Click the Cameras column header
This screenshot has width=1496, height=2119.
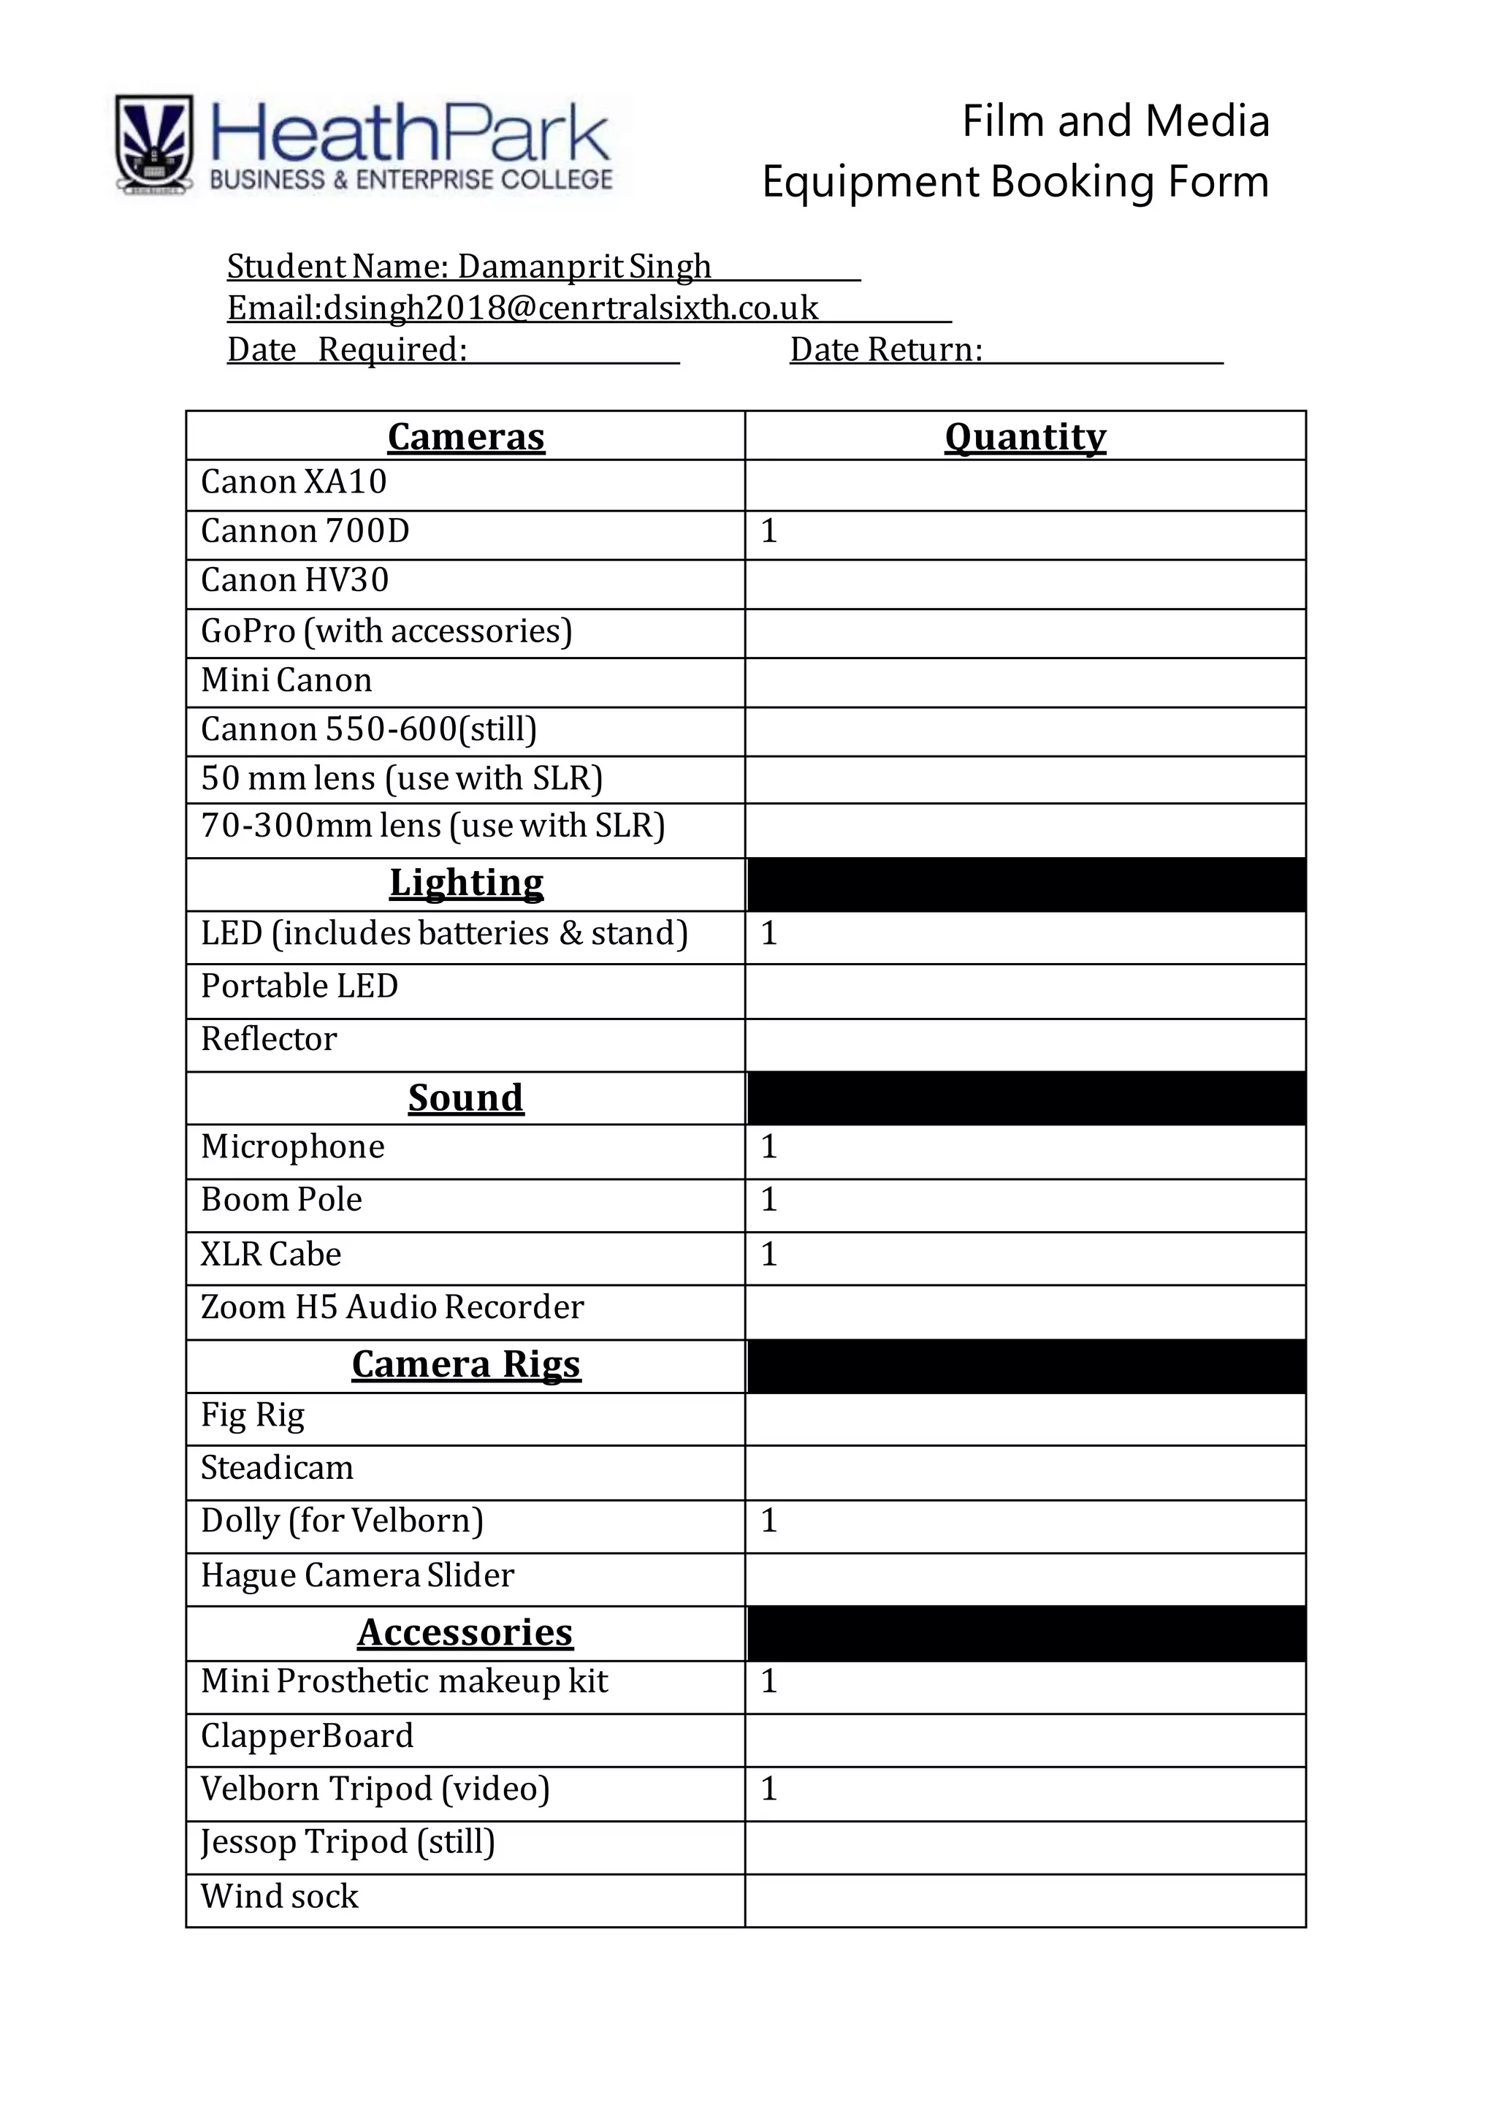point(466,436)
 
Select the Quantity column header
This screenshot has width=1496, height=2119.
point(1026,436)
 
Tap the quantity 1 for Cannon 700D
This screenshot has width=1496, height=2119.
point(768,532)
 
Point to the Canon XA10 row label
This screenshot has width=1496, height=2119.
point(294,482)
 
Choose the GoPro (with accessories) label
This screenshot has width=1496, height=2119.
point(386,631)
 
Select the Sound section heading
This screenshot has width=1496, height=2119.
point(466,1098)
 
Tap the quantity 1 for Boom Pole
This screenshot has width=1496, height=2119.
point(768,1200)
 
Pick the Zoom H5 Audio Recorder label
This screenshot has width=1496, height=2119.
point(392,1308)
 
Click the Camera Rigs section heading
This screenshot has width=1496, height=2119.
point(466,1364)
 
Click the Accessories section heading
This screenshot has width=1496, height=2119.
point(466,1632)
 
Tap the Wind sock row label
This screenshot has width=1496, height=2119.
point(280,1895)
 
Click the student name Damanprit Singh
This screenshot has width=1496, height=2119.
point(584,267)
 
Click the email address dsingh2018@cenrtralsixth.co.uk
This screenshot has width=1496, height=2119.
point(570,308)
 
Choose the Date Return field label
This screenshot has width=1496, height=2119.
point(886,350)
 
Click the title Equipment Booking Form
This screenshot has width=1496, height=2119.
point(1015,182)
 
